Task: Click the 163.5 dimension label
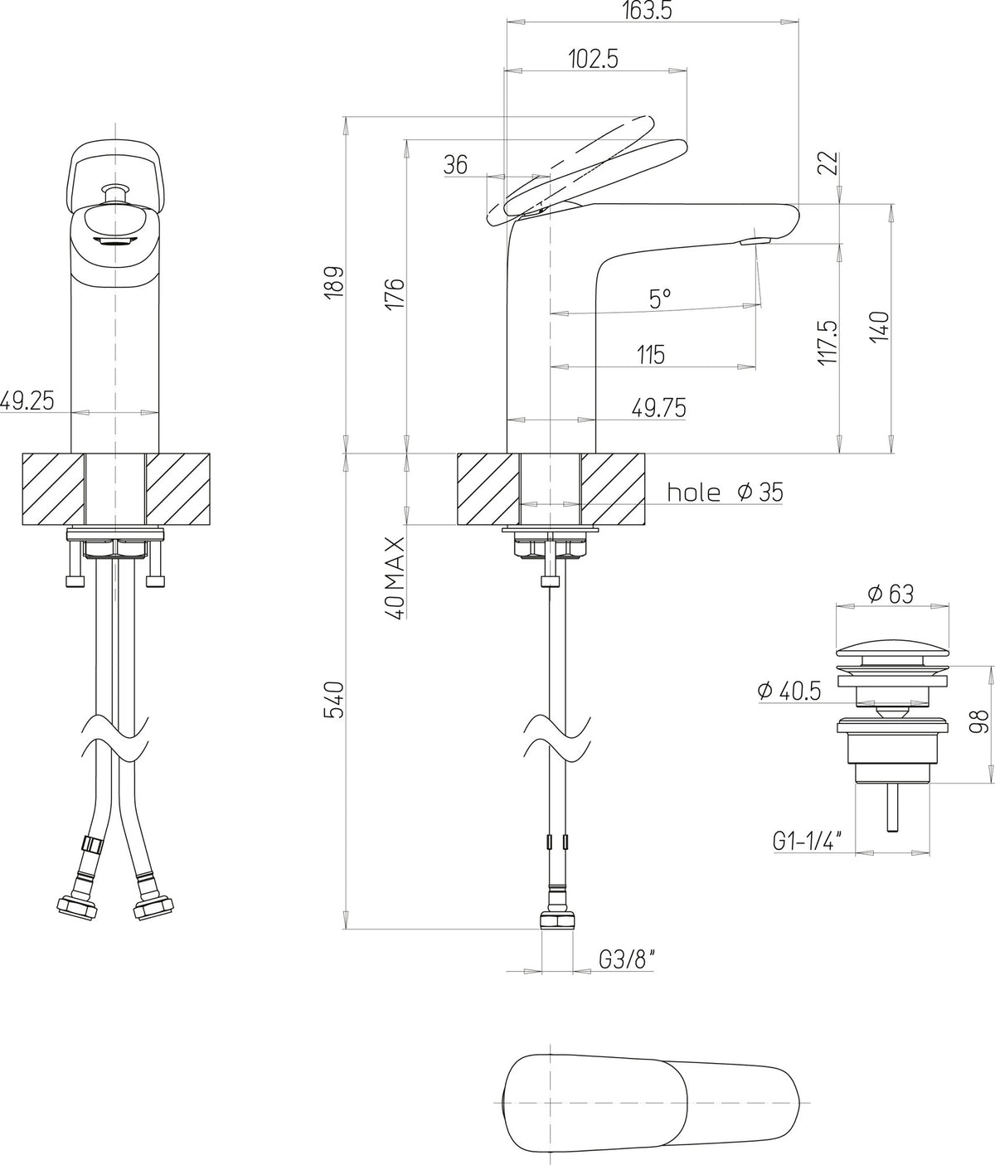(x=648, y=10)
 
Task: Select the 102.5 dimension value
(x=594, y=59)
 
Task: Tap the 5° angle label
(x=659, y=299)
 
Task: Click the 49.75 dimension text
(x=658, y=408)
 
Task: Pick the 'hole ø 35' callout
(x=725, y=492)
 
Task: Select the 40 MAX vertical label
(x=396, y=578)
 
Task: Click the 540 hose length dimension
(x=333, y=700)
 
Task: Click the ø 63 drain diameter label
(x=891, y=594)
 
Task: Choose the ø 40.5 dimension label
(x=789, y=691)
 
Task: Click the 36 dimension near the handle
(x=455, y=164)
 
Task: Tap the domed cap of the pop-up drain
(x=892, y=643)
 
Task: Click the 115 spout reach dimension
(x=651, y=355)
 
